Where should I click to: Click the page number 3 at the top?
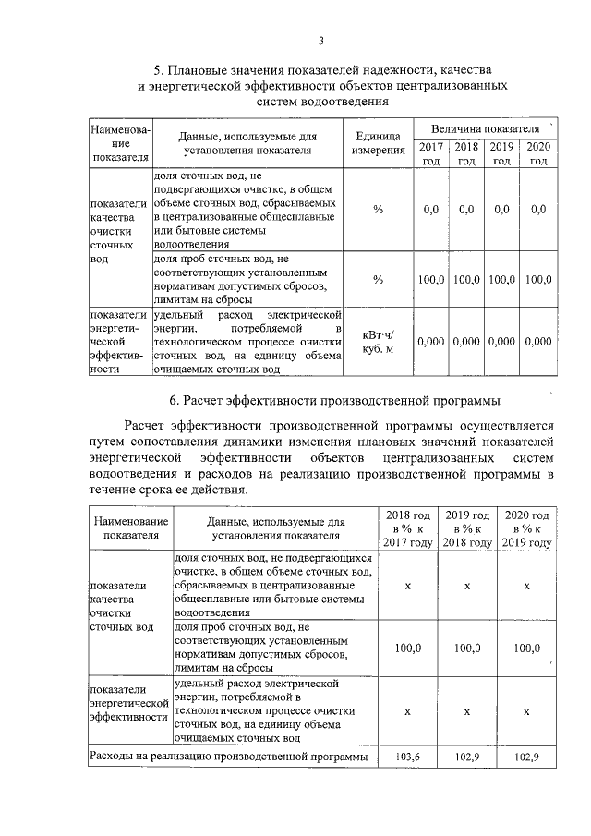pyautogui.click(x=320, y=40)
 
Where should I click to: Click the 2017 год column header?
pyautogui.click(x=430, y=153)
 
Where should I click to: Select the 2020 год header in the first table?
pyautogui.click(x=537, y=153)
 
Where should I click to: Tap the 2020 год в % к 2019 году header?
pyautogui.click(x=526, y=528)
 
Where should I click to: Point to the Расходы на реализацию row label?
pyautogui.click(x=228, y=757)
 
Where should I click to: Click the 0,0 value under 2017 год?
pyautogui.click(x=430, y=210)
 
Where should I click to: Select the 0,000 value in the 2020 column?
pyautogui.click(x=537, y=341)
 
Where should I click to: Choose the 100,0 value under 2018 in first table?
pyautogui.click(x=466, y=279)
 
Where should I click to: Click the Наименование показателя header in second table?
pyautogui.click(x=129, y=528)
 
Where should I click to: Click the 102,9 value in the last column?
pyautogui.click(x=526, y=757)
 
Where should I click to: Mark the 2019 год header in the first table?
pyautogui.click(x=501, y=153)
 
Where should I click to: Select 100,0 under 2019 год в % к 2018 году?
pyautogui.click(x=467, y=648)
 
